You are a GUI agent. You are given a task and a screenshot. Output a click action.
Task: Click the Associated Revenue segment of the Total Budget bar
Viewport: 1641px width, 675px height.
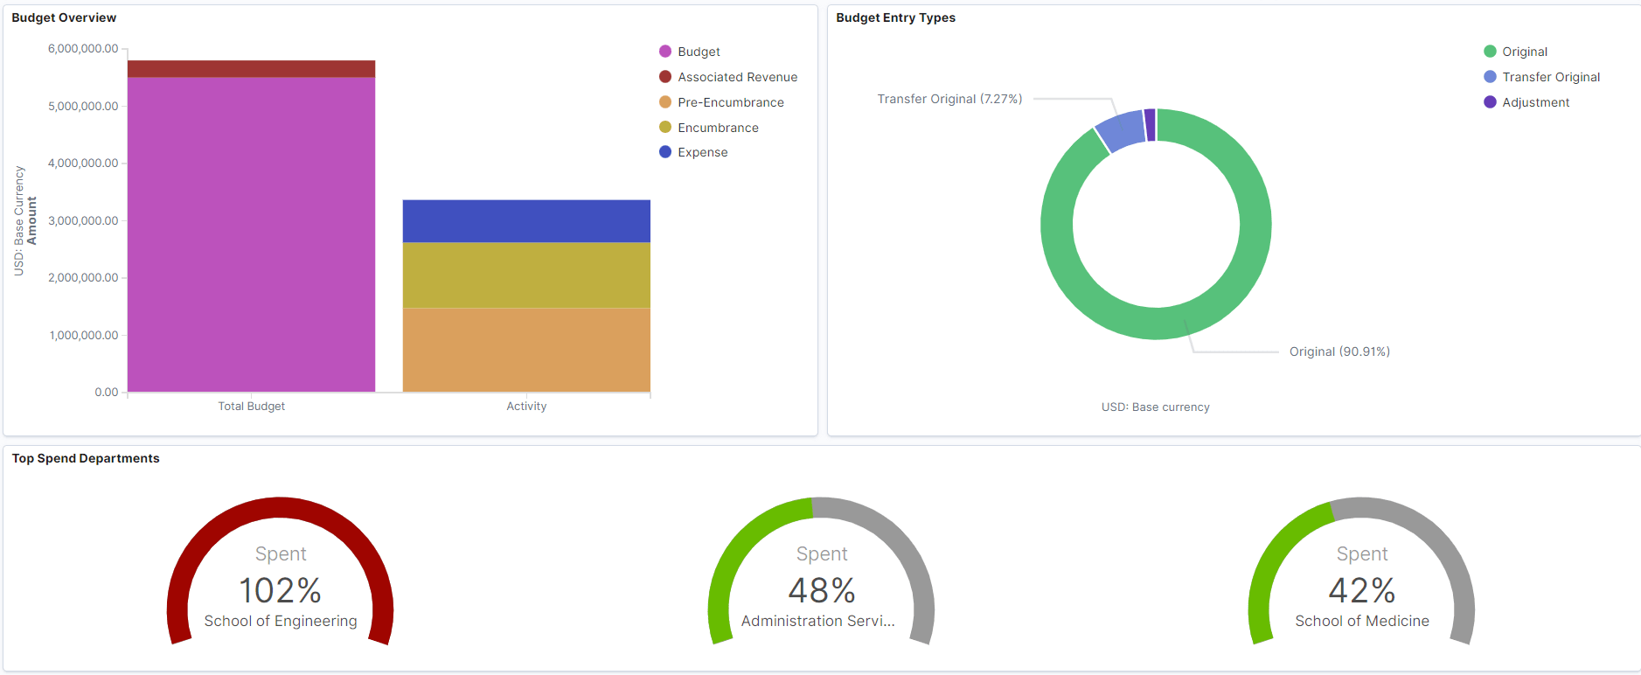point(251,69)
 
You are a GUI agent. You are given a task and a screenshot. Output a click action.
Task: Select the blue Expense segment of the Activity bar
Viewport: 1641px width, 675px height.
point(526,221)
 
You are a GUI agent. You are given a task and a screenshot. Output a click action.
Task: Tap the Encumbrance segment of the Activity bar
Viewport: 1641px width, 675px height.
point(526,275)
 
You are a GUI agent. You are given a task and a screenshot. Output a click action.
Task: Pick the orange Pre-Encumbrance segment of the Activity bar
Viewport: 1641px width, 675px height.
point(526,350)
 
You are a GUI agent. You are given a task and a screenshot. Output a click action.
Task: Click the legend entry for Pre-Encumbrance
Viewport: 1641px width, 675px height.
point(730,102)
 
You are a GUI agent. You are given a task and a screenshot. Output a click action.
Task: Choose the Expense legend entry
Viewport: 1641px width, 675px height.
point(702,152)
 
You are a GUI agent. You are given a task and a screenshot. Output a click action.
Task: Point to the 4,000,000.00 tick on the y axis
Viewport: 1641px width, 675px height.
point(83,164)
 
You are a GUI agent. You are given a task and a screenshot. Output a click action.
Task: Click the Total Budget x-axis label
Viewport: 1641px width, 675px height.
point(251,407)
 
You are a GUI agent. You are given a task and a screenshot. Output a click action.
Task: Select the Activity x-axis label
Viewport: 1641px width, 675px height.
point(526,407)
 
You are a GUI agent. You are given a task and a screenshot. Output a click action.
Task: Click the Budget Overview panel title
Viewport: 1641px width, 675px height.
point(64,17)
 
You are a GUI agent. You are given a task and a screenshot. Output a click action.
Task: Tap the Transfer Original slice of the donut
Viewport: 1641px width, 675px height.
point(1120,131)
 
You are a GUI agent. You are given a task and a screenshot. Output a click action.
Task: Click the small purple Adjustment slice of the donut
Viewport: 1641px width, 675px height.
point(1150,124)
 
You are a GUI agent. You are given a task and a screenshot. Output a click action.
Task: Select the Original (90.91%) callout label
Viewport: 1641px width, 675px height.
point(1339,351)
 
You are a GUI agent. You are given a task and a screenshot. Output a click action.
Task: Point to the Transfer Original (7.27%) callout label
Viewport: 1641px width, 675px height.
point(949,99)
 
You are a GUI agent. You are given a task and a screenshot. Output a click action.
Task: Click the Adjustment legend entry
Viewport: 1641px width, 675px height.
point(1535,102)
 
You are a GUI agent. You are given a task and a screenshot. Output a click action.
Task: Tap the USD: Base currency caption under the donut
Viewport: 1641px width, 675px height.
point(1155,407)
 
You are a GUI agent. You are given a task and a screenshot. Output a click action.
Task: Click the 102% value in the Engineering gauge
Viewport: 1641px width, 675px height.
point(281,590)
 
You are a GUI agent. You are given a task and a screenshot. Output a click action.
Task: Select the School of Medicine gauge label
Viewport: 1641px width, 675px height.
point(1361,621)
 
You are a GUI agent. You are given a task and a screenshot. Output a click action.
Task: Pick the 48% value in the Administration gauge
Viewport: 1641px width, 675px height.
point(821,590)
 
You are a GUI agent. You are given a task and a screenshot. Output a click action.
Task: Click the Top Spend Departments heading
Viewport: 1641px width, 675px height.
point(86,458)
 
